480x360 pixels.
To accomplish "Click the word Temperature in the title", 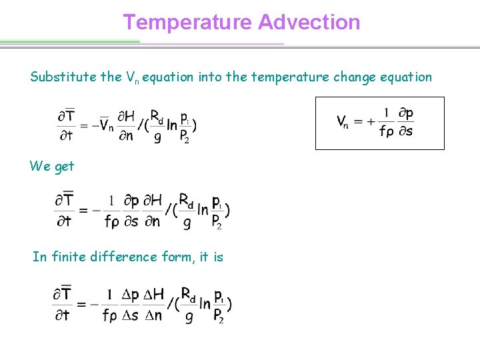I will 187,22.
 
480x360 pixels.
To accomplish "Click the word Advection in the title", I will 309,22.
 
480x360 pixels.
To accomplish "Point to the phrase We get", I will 52,166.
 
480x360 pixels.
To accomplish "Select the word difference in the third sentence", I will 127,257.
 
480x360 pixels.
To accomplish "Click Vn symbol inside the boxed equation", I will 343,122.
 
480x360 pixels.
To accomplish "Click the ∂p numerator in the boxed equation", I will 405,113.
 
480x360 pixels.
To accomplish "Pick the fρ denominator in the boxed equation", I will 386,131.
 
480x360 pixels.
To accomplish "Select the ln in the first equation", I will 172,125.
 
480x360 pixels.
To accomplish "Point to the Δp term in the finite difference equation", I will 131,295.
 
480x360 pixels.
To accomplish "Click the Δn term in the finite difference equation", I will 154,315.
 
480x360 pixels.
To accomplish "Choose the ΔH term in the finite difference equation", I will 154,295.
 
